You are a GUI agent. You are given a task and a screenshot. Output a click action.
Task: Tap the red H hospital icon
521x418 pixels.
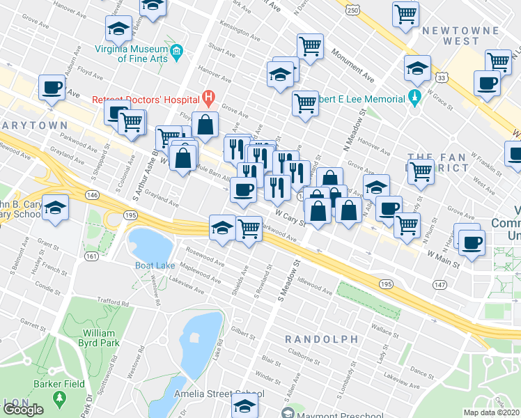coord(207,95)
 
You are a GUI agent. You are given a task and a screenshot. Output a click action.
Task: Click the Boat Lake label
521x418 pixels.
coord(155,265)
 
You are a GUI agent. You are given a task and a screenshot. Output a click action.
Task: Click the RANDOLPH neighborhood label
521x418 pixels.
coord(321,339)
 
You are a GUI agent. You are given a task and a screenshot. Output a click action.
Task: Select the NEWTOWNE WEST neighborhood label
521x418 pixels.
coord(470,36)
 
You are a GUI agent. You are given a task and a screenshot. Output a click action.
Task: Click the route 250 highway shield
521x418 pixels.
coord(353,10)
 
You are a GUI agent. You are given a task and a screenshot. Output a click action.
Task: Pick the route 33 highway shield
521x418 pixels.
coord(442,78)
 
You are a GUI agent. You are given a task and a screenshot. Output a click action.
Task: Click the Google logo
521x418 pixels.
coord(23,410)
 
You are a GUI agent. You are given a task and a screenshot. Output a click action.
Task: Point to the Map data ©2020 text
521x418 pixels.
coord(492,412)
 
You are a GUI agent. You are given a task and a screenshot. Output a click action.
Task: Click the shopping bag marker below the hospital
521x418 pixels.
coord(205,125)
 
